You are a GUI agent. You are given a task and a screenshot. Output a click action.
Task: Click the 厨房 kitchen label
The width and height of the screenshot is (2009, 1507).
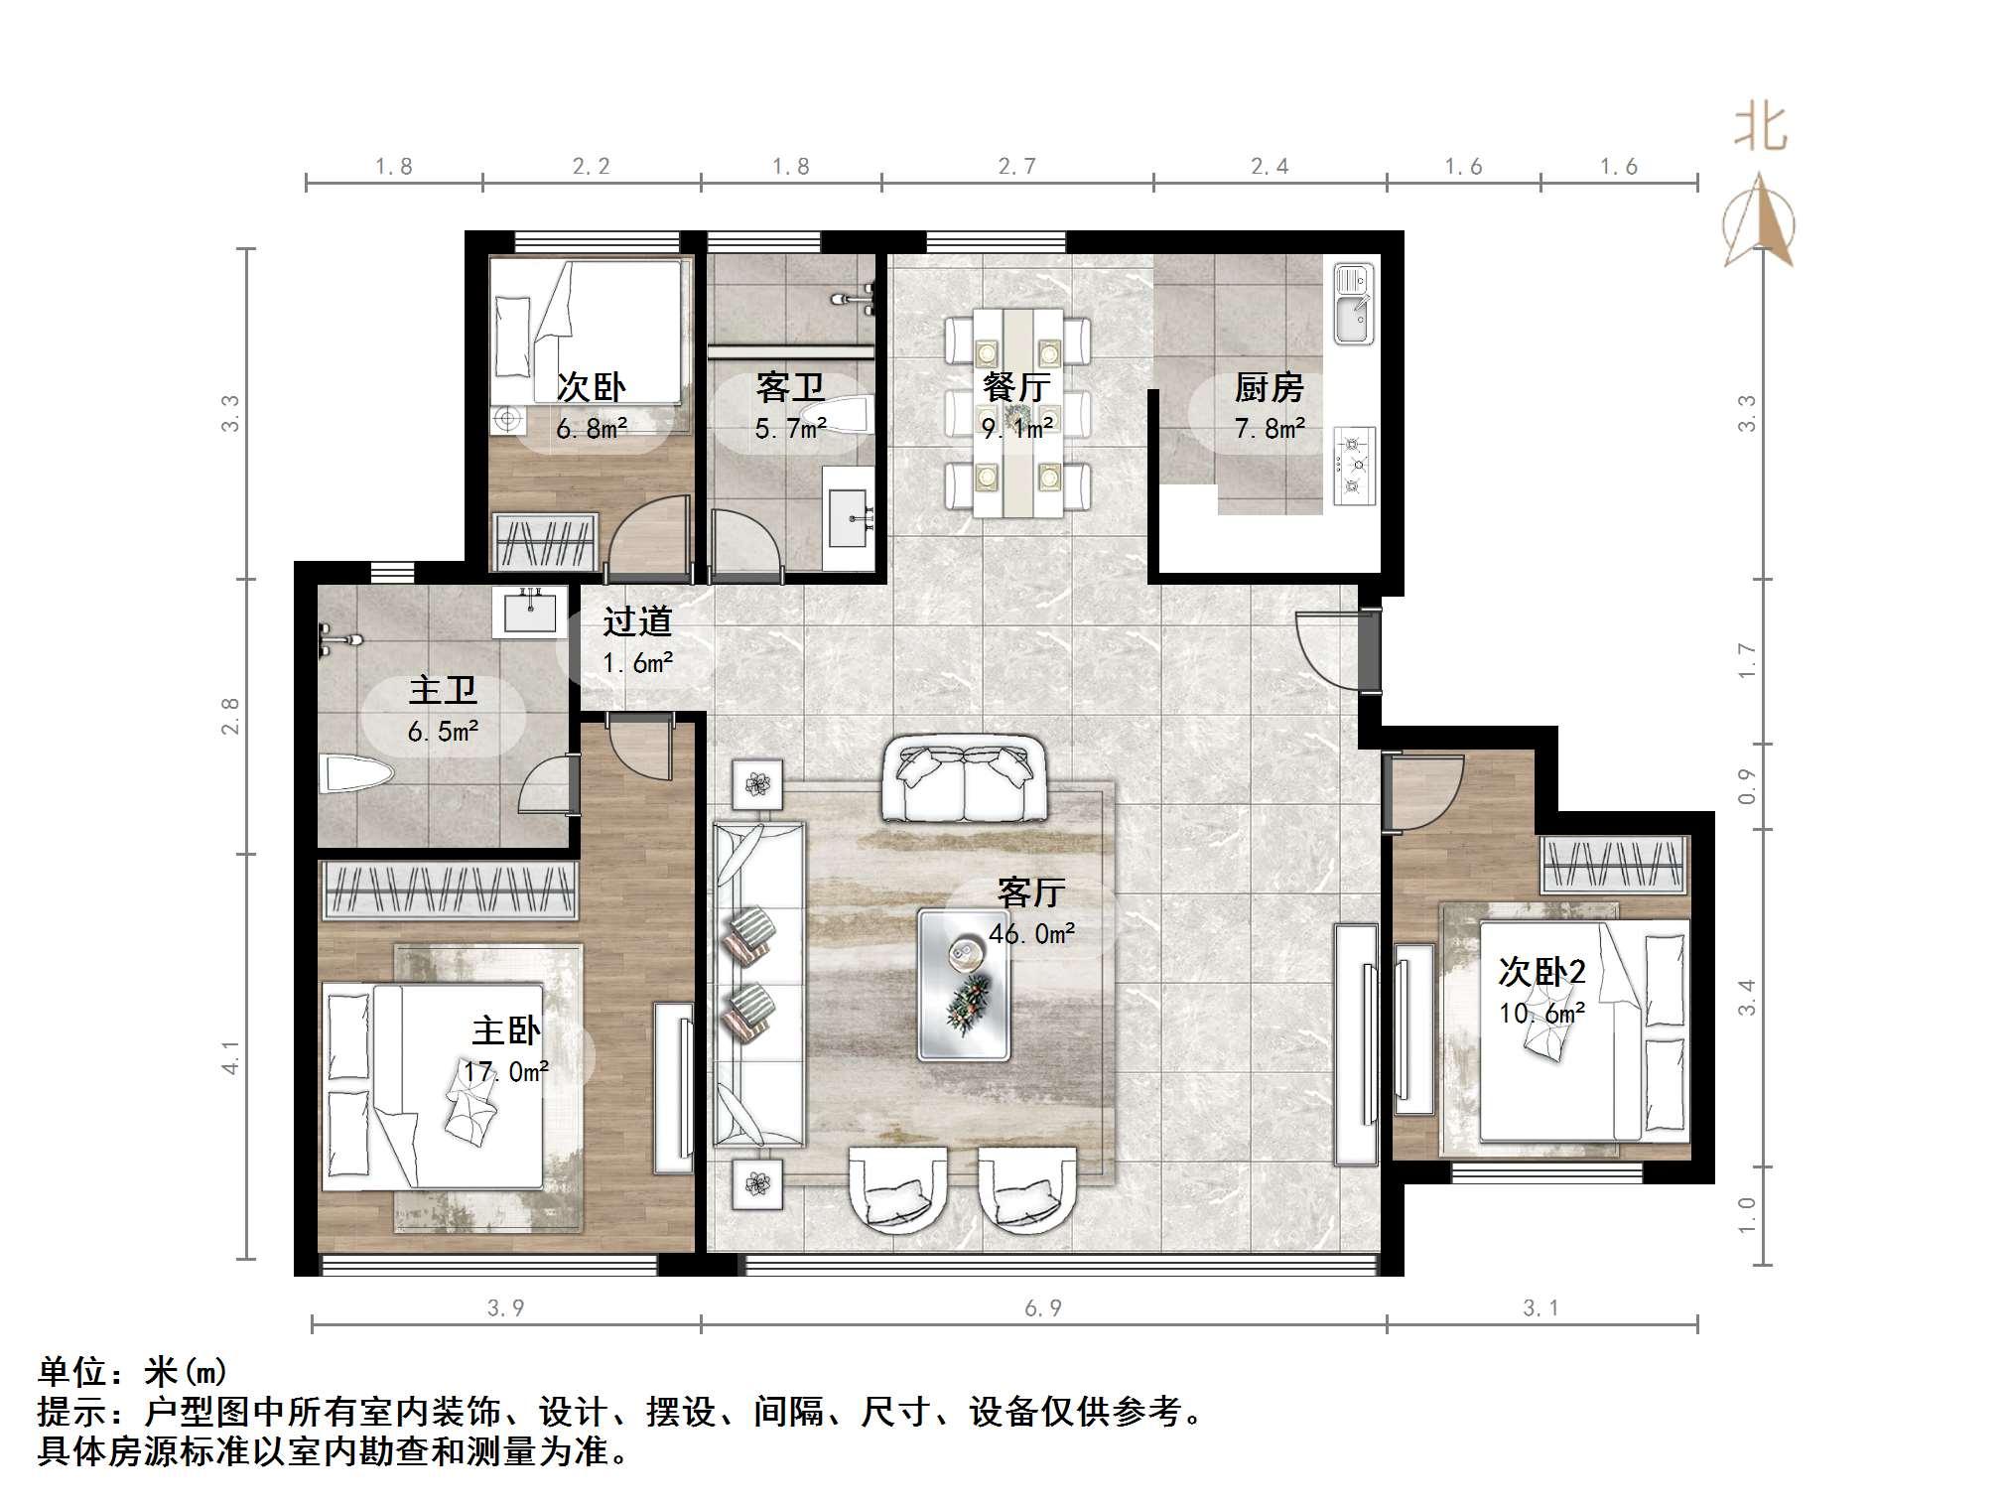pyautogui.click(x=1269, y=387)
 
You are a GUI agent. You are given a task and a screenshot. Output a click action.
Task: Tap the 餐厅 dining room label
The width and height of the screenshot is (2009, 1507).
pyautogui.click(x=1016, y=387)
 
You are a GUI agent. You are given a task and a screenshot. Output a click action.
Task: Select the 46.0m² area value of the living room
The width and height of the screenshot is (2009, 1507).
pyautogui.click(x=1032, y=933)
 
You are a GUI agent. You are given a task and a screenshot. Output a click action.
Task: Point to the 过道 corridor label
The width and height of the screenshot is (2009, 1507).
pyautogui.click(x=638, y=621)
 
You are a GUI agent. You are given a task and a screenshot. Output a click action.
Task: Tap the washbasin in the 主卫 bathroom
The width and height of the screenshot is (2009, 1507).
pyautogui.click(x=530, y=610)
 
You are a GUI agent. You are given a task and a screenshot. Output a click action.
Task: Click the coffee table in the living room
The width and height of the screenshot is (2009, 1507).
pyautogui.click(x=964, y=984)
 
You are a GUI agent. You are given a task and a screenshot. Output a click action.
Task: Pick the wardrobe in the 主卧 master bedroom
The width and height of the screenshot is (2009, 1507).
pyautogui.click(x=450, y=890)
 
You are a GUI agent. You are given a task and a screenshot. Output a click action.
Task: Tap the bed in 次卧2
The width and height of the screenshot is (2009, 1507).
pyautogui.click(x=1583, y=1030)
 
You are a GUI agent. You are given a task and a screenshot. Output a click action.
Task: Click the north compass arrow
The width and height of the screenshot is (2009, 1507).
pyautogui.click(x=1759, y=220)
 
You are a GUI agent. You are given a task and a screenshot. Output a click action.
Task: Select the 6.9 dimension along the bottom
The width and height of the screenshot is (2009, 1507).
pyautogui.click(x=1043, y=1308)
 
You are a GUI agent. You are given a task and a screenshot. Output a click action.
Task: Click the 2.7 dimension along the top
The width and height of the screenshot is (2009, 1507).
pyautogui.click(x=1017, y=166)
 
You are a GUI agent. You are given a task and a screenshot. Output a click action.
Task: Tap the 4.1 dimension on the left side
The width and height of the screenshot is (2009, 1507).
pyautogui.click(x=230, y=1057)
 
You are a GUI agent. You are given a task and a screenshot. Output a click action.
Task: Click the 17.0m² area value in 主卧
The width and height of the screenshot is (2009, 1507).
pyautogui.click(x=506, y=1072)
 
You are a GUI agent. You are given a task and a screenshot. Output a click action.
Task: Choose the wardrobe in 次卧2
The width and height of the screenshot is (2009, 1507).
pyautogui.click(x=1614, y=864)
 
